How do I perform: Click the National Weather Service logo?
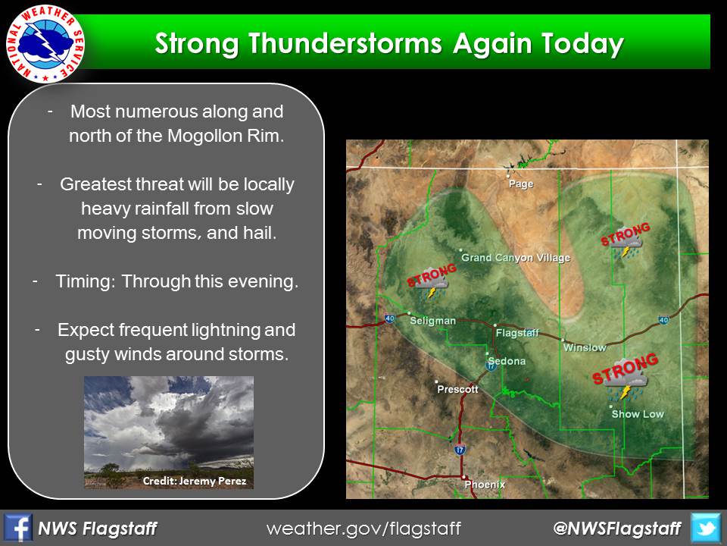[45, 45]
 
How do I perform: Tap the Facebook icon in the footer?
[17, 528]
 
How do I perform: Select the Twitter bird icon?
[706, 528]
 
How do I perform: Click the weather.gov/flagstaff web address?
[363, 529]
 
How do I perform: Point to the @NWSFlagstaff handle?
[617, 529]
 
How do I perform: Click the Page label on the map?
[521, 184]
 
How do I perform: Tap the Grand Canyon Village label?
[516, 258]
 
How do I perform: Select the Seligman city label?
[432, 321]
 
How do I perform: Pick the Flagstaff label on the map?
[517, 333]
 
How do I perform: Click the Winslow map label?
[585, 347]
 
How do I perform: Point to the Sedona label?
[507, 361]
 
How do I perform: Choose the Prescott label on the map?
[457, 389]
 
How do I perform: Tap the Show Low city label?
[638, 414]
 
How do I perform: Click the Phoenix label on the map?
[485, 485]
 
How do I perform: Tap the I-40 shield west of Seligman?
[389, 318]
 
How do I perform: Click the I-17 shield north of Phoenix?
[460, 450]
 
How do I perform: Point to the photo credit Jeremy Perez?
[195, 481]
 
